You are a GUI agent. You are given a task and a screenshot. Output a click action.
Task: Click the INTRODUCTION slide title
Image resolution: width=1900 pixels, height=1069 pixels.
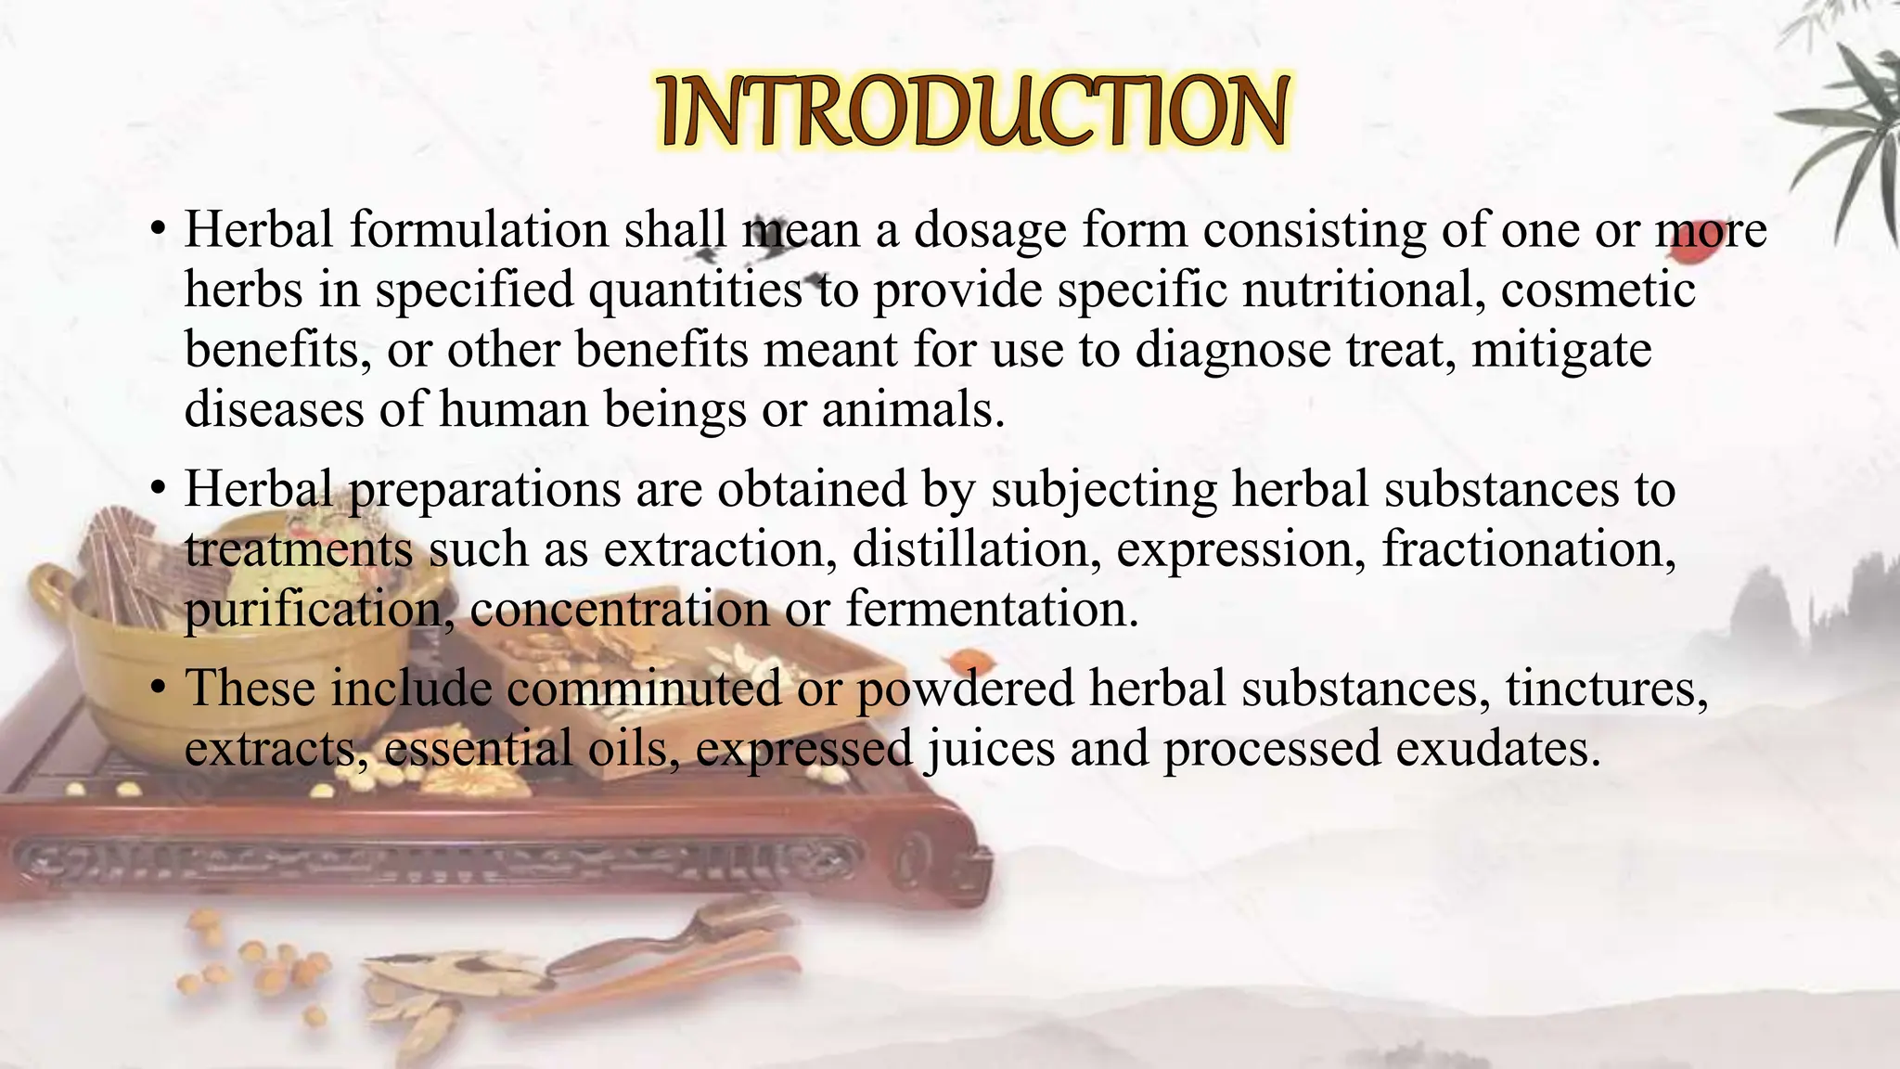971,111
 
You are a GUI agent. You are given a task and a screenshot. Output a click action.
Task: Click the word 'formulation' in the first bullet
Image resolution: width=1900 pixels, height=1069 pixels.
478,229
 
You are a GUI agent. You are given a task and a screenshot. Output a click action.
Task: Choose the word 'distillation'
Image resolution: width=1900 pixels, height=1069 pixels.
970,548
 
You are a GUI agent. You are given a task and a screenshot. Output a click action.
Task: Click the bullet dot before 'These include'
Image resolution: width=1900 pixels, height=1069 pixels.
160,689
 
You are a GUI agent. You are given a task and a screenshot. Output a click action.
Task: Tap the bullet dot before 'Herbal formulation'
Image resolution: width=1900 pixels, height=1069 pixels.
160,229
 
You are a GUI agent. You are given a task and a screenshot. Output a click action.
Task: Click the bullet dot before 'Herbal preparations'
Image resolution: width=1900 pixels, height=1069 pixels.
160,488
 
